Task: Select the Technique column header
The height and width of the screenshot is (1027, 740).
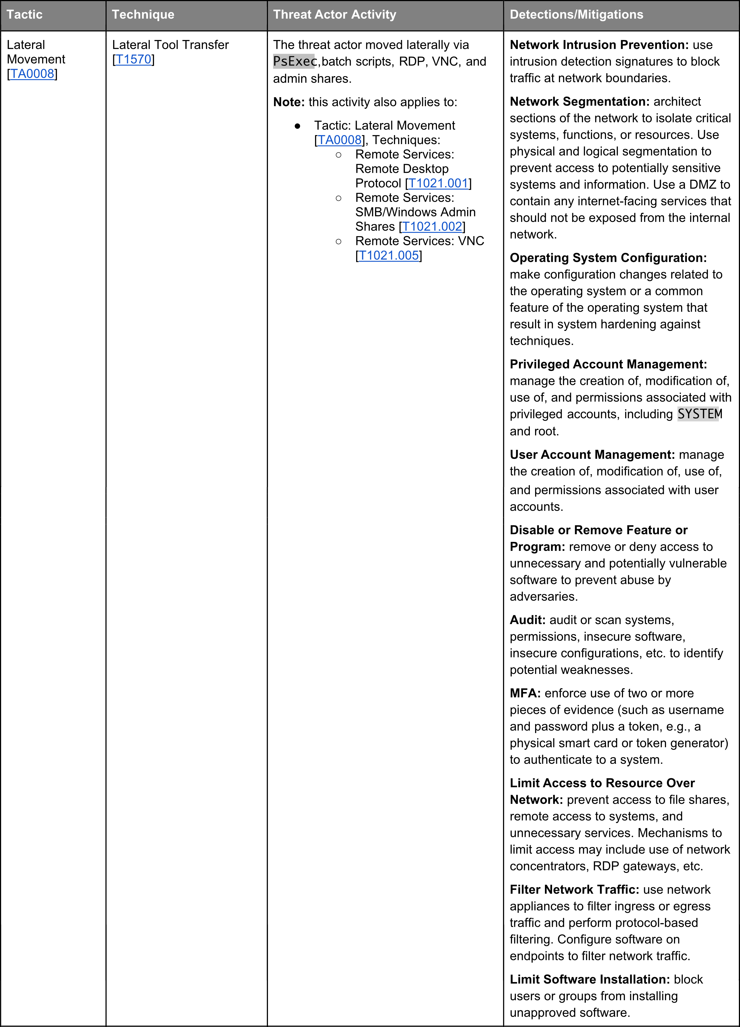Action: coord(143,15)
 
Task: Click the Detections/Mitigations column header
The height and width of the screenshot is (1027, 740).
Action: coord(576,15)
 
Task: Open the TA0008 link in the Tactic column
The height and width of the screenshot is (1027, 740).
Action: coord(32,74)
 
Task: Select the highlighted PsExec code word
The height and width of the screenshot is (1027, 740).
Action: coord(294,61)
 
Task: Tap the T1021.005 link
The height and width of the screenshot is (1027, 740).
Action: coord(388,256)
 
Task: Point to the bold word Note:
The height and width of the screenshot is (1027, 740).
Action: coord(289,102)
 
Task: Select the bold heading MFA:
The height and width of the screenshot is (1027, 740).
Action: coord(525,693)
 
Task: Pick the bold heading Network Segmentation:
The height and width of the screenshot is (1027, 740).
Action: coord(580,101)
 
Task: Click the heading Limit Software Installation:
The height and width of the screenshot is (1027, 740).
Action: coord(590,979)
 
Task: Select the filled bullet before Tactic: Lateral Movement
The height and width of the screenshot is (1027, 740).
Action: coord(298,126)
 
